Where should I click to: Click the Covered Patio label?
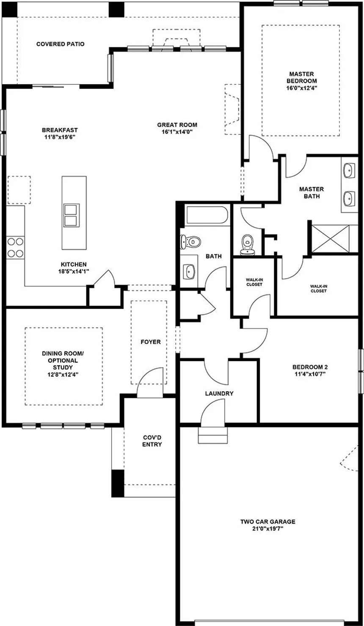pos(61,44)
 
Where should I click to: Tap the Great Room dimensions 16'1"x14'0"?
pos(177,132)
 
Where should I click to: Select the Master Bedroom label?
pos(302,77)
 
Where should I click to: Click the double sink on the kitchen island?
pos(71,215)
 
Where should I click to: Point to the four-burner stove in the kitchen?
pos(15,247)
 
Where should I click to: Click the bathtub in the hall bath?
pos(207,215)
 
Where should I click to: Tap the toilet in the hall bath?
pos(190,242)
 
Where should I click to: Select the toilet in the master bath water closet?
pos(247,245)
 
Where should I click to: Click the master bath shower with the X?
pos(331,238)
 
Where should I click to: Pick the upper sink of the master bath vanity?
pos(348,171)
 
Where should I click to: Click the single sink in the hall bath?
pos(189,271)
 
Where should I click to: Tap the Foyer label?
pos(151,342)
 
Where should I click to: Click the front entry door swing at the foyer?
pos(150,382)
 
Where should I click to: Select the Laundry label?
pos(219,394)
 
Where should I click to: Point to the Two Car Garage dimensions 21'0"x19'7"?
pos(268,529)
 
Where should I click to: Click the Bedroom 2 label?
pos(310,367)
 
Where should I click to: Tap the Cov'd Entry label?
pos(152,441)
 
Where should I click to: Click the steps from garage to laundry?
pos(213,435)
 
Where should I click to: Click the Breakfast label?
pos(60,130)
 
